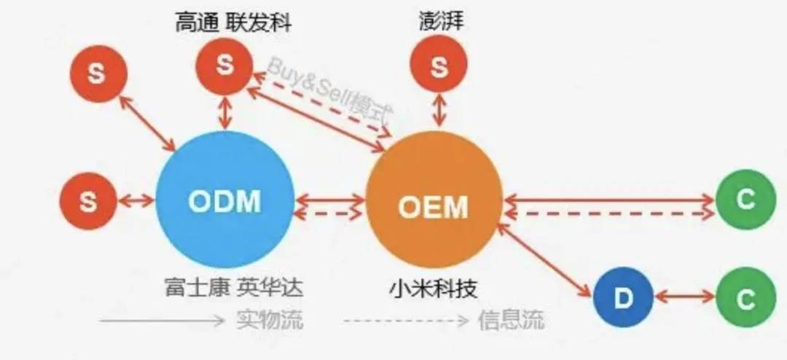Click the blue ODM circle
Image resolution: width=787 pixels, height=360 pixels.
click(x=224, y=199)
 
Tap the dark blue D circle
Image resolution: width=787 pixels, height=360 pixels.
click(x=622, y=298)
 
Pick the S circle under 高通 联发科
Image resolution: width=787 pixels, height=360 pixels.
click(x=224, y=66)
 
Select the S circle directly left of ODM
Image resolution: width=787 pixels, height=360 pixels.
click(x=88, y=200)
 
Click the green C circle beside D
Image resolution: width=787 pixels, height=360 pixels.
click(x=744, y=300)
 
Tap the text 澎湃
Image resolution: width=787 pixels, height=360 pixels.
click(x=439, y=21)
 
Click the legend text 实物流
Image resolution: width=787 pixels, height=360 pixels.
click(x=271, y=320)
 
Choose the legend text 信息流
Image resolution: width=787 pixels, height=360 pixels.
click(x=511, y=320)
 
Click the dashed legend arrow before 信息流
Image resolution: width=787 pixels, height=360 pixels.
click(x=405, y=321)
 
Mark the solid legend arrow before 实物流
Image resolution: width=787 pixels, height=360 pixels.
click(x=162, y=321)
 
